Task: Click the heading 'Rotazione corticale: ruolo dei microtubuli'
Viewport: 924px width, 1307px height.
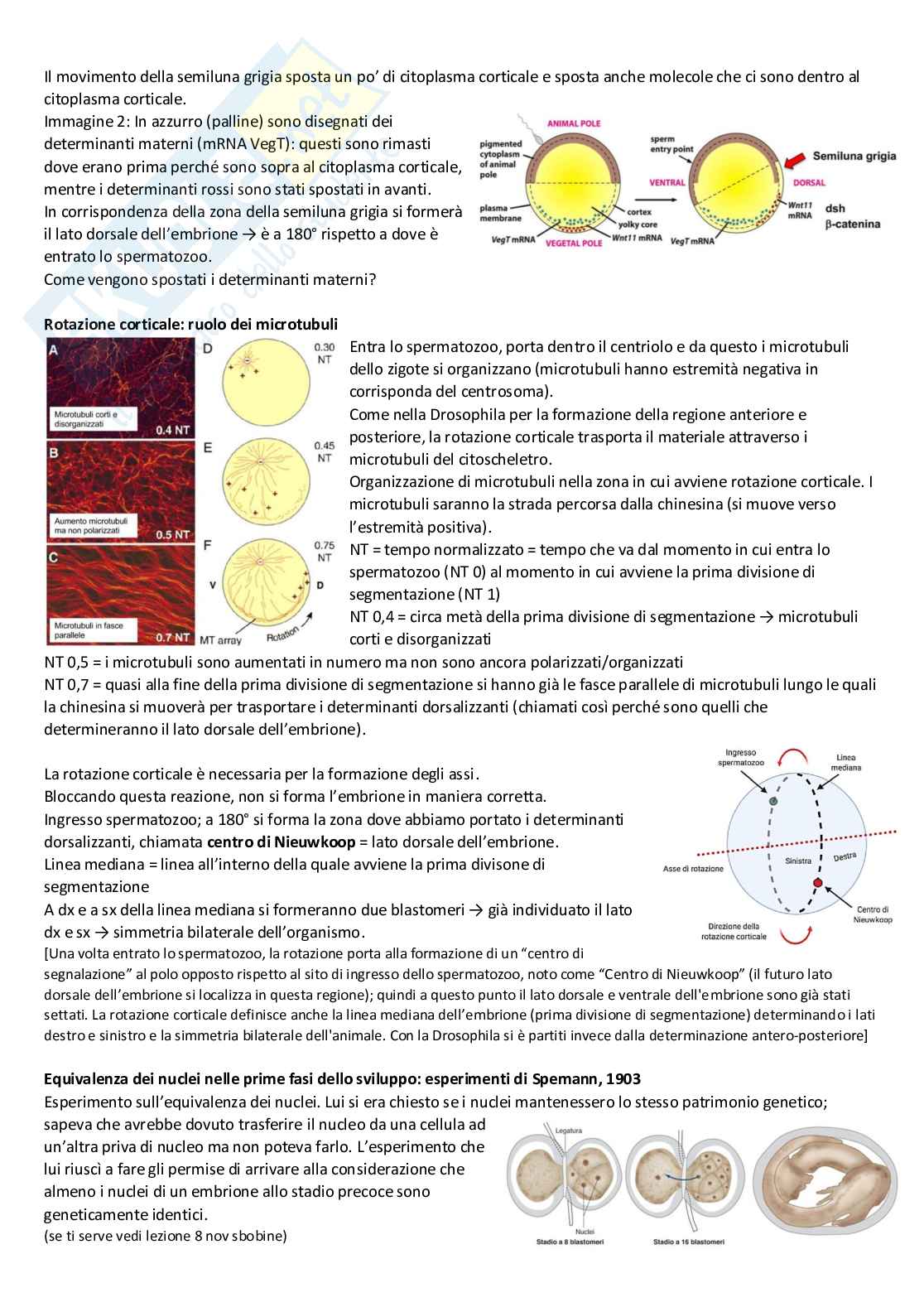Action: tap(190, 323)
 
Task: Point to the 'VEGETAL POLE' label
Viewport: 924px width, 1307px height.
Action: tap(574, 244)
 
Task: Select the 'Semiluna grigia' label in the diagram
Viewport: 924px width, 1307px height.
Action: tap(854, 156)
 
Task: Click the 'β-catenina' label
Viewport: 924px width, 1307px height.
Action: tap(852, 224)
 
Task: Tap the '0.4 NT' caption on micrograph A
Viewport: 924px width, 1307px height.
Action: tap(173, 430)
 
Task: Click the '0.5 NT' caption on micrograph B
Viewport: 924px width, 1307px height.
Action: tap(173, 534)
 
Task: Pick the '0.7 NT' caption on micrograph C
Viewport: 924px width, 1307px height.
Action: tap(173, 638)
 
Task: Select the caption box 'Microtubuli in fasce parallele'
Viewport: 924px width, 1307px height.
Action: tap(89, 630)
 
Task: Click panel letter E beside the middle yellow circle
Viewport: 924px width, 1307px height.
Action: tap(208, 447)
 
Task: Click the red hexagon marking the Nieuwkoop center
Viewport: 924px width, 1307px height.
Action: tap(819, 882)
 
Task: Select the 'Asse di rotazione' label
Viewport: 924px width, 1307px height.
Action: tap(693, 869)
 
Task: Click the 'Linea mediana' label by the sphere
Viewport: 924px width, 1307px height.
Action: tap(846, 762)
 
